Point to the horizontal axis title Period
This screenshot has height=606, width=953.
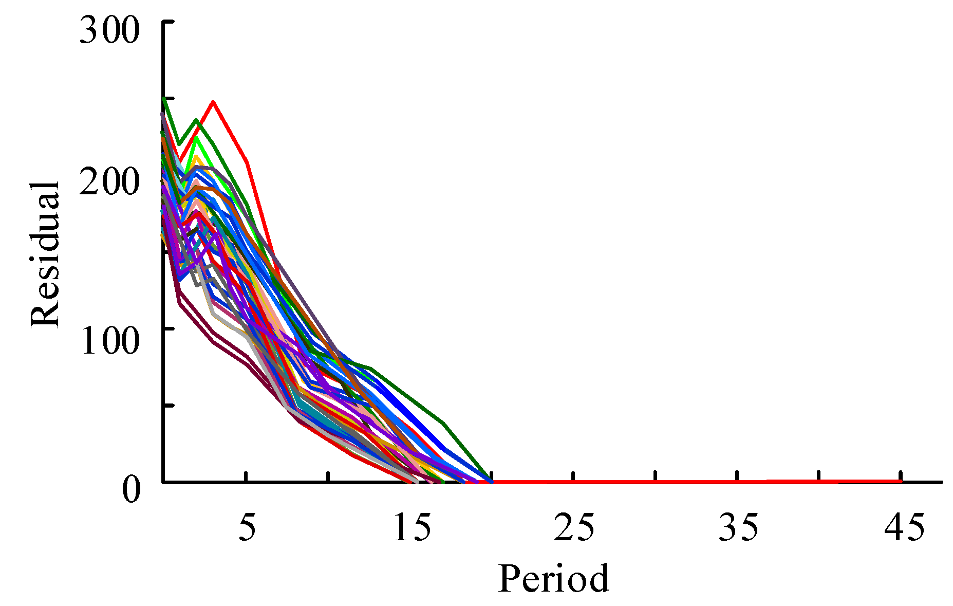(553, 579)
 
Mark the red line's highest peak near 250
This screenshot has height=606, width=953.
(213, 102)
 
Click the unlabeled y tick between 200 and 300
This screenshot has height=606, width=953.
(169, 98)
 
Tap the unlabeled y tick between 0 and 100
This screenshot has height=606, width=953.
(169, 406)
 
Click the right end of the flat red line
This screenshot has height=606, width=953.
(901, 482)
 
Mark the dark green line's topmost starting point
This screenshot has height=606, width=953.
(164, 98)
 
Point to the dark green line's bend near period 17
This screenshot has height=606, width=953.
(443, 424)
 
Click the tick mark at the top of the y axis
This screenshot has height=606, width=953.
(169, 22)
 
